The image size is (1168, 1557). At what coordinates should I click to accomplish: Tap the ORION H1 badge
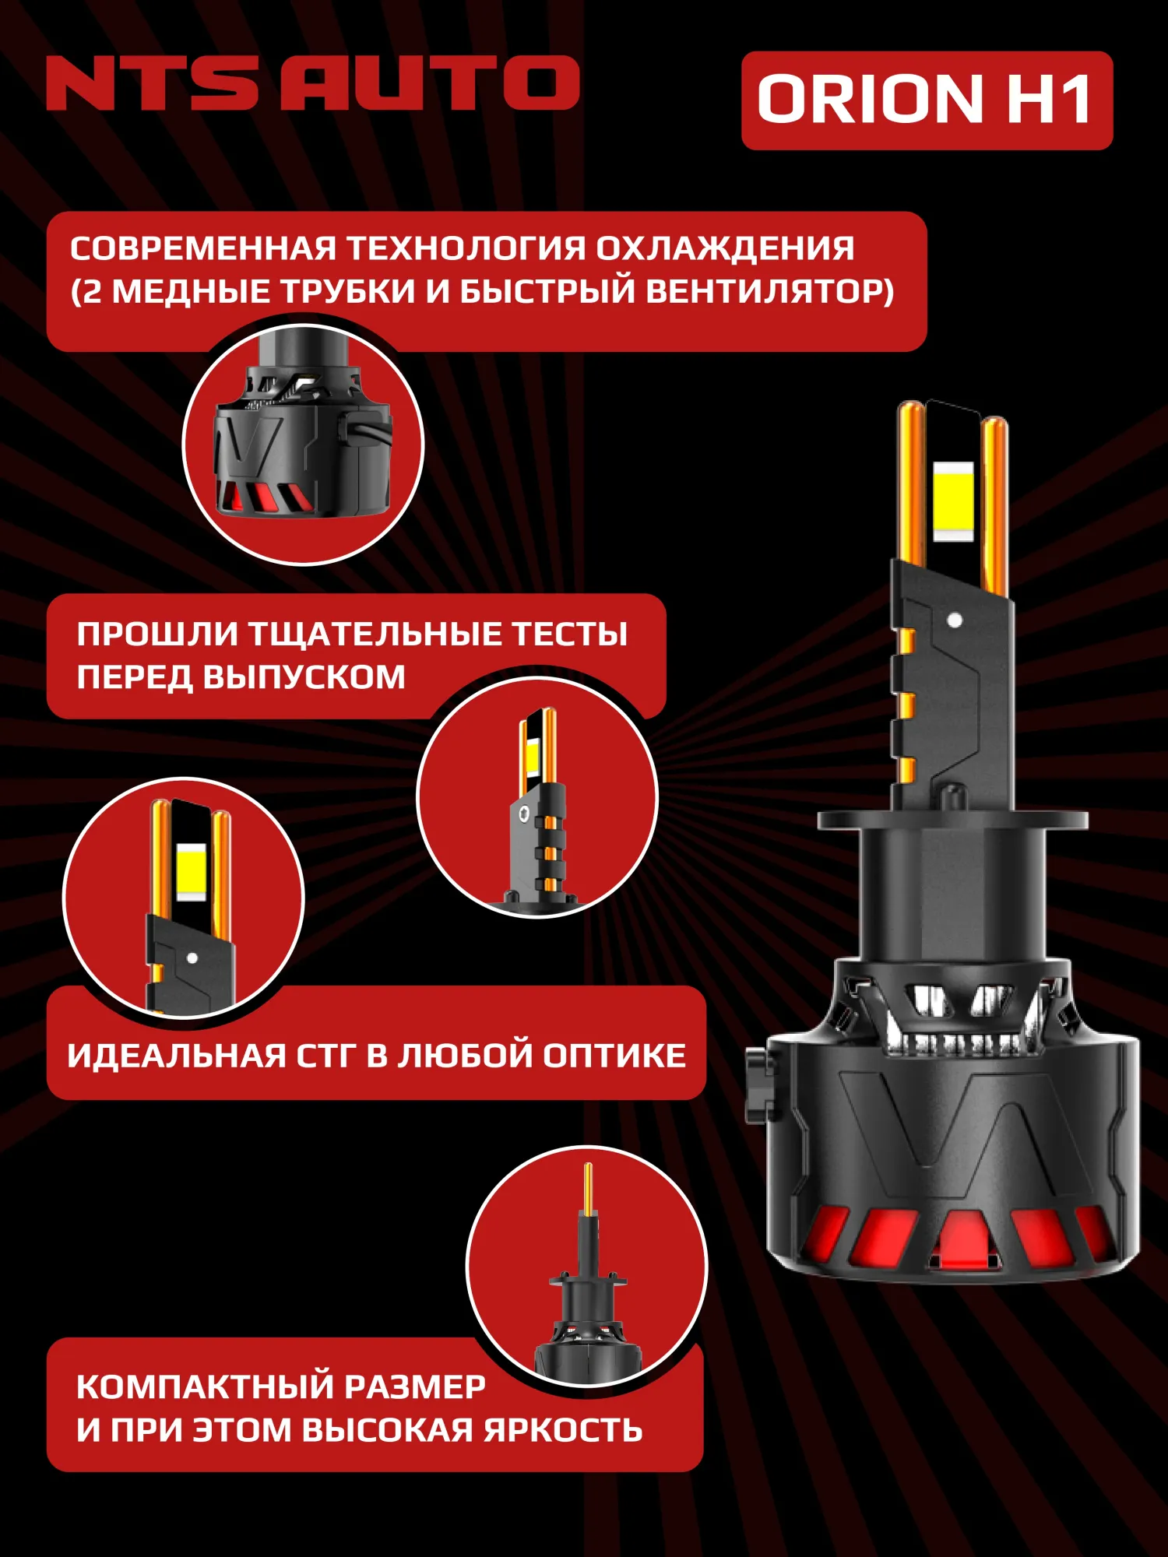coord(927,100)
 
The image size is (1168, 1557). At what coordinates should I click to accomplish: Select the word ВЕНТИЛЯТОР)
coord(770,292)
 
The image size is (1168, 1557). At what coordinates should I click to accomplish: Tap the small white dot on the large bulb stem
coord(955,620)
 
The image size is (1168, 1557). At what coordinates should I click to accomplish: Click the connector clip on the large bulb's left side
coord(762,1082)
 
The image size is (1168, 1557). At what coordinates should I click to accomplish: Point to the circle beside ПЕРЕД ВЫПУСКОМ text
coord(537,798)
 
